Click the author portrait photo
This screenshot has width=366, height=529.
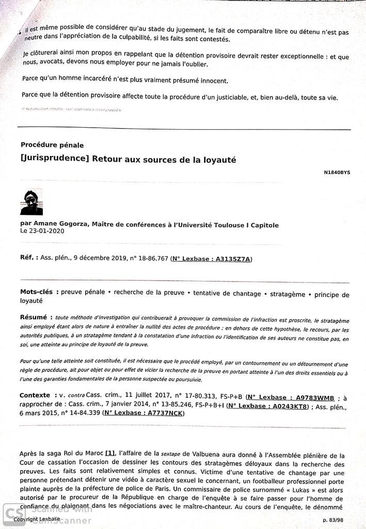[x=31, y=203]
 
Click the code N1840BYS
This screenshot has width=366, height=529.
[x=337, y=172]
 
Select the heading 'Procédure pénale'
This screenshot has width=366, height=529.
[x=52, y=145]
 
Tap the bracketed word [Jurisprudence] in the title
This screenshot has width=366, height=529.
[x=54, y=160]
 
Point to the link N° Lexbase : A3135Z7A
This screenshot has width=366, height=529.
[x=212, y=259]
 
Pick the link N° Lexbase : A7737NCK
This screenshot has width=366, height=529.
[x=144, y=413]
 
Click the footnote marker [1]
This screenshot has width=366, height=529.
[x=110, y=453]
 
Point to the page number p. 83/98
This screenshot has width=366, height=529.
[x=335, y=519]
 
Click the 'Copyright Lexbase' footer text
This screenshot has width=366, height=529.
[x=37, y=519]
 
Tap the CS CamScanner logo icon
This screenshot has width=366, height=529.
[x=11, y=515]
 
